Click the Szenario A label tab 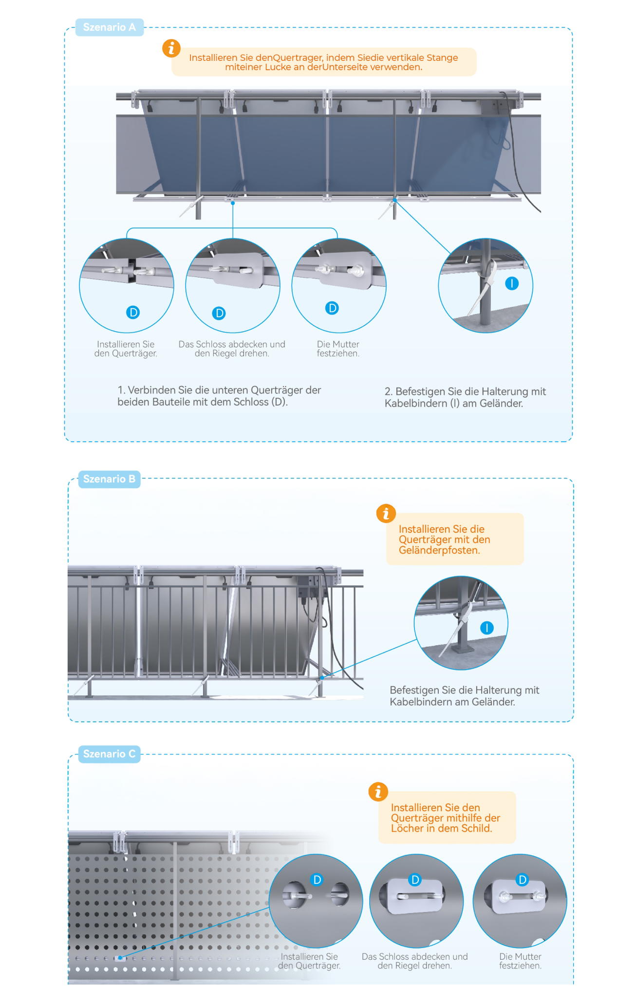pos(109,27)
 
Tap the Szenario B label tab pos(109,479)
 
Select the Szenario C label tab pos(109,754)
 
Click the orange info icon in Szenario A pos(171,48)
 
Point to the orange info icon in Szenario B pos(386,513)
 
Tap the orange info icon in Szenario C pos(378,792)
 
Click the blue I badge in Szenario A pos(512,283)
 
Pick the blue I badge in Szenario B pos(486,628)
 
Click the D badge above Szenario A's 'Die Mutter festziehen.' pos(332,308)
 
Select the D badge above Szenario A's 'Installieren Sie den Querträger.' pos(133,312)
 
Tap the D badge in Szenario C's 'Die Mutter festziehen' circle pos(523,879)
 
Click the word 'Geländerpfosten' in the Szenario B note pos(439,551)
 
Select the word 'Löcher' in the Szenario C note pos(407,828)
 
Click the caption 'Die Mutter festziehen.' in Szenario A pos(338,349)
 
